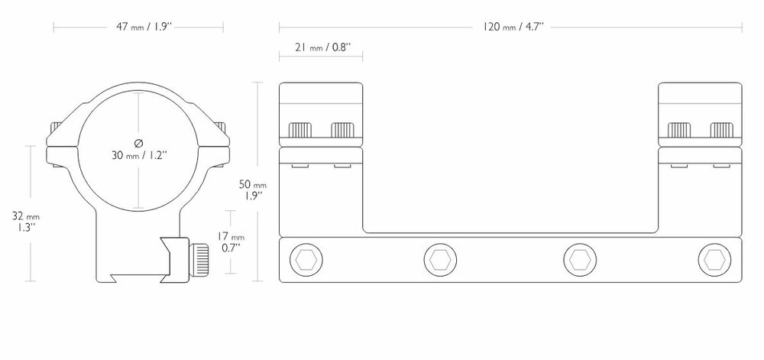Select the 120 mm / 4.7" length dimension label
point(513,28)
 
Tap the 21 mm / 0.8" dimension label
point(322,47)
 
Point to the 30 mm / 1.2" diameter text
point(139,155)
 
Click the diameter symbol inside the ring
point(139,143)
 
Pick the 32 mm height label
point(26,216)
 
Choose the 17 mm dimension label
point(231,237)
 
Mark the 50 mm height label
point(253,185)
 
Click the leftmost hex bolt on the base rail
point(306,260)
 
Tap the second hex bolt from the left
point(440,260)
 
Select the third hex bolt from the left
point(580,260)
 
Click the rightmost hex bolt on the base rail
point(714,260)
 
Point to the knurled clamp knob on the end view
point(199,260)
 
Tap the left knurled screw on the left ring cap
point(300,130)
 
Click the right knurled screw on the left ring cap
point(342,130)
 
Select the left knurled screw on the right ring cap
point(679,130)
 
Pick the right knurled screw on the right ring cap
point(722,130)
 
